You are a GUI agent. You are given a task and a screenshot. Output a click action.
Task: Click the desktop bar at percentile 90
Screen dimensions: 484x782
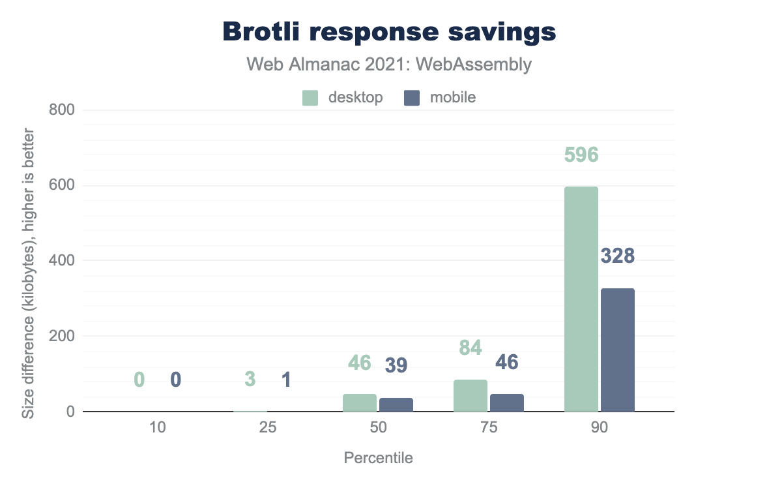581,299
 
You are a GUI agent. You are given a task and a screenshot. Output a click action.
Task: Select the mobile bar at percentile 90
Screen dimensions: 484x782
617,350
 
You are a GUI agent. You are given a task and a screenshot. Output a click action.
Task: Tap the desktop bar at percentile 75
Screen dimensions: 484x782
471,396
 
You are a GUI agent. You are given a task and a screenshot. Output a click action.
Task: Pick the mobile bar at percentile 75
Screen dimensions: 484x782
507,403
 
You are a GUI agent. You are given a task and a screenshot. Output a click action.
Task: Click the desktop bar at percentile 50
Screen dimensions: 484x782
360,403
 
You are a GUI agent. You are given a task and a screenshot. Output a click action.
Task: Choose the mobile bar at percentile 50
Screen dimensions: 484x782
396,404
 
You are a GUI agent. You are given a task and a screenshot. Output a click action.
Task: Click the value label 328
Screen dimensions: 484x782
617,256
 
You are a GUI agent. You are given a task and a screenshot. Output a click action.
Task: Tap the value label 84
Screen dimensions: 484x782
470,348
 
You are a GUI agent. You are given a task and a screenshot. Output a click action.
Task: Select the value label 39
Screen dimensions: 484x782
396,366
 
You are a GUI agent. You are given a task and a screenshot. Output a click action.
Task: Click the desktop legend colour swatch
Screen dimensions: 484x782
310,98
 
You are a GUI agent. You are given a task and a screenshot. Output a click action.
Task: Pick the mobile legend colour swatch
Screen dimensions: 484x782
411,98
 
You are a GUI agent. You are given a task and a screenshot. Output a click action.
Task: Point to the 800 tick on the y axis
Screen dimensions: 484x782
63,110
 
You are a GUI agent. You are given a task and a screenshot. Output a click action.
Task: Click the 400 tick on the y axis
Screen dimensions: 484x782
63,261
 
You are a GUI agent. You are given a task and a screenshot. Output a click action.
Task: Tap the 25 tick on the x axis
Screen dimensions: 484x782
268,429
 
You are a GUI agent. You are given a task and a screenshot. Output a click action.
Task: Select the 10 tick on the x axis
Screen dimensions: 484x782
158,429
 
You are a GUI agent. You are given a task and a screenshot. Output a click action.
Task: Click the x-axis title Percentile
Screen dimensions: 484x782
378,458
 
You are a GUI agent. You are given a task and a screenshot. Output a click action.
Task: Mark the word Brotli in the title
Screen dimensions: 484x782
263,31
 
